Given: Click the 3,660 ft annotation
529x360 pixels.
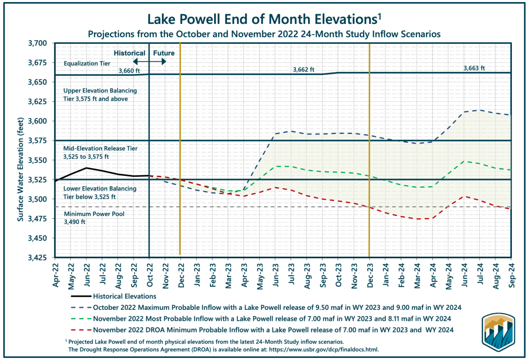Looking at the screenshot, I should click(x=129, y=71).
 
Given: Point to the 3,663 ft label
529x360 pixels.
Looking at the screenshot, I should click(x=475, y=68).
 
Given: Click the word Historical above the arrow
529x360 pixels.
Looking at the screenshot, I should click(x=129, y=53).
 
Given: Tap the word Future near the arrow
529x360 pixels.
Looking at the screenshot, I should click(x=163, y=53).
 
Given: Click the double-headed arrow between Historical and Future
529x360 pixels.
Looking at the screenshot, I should click(x=149, y=62).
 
